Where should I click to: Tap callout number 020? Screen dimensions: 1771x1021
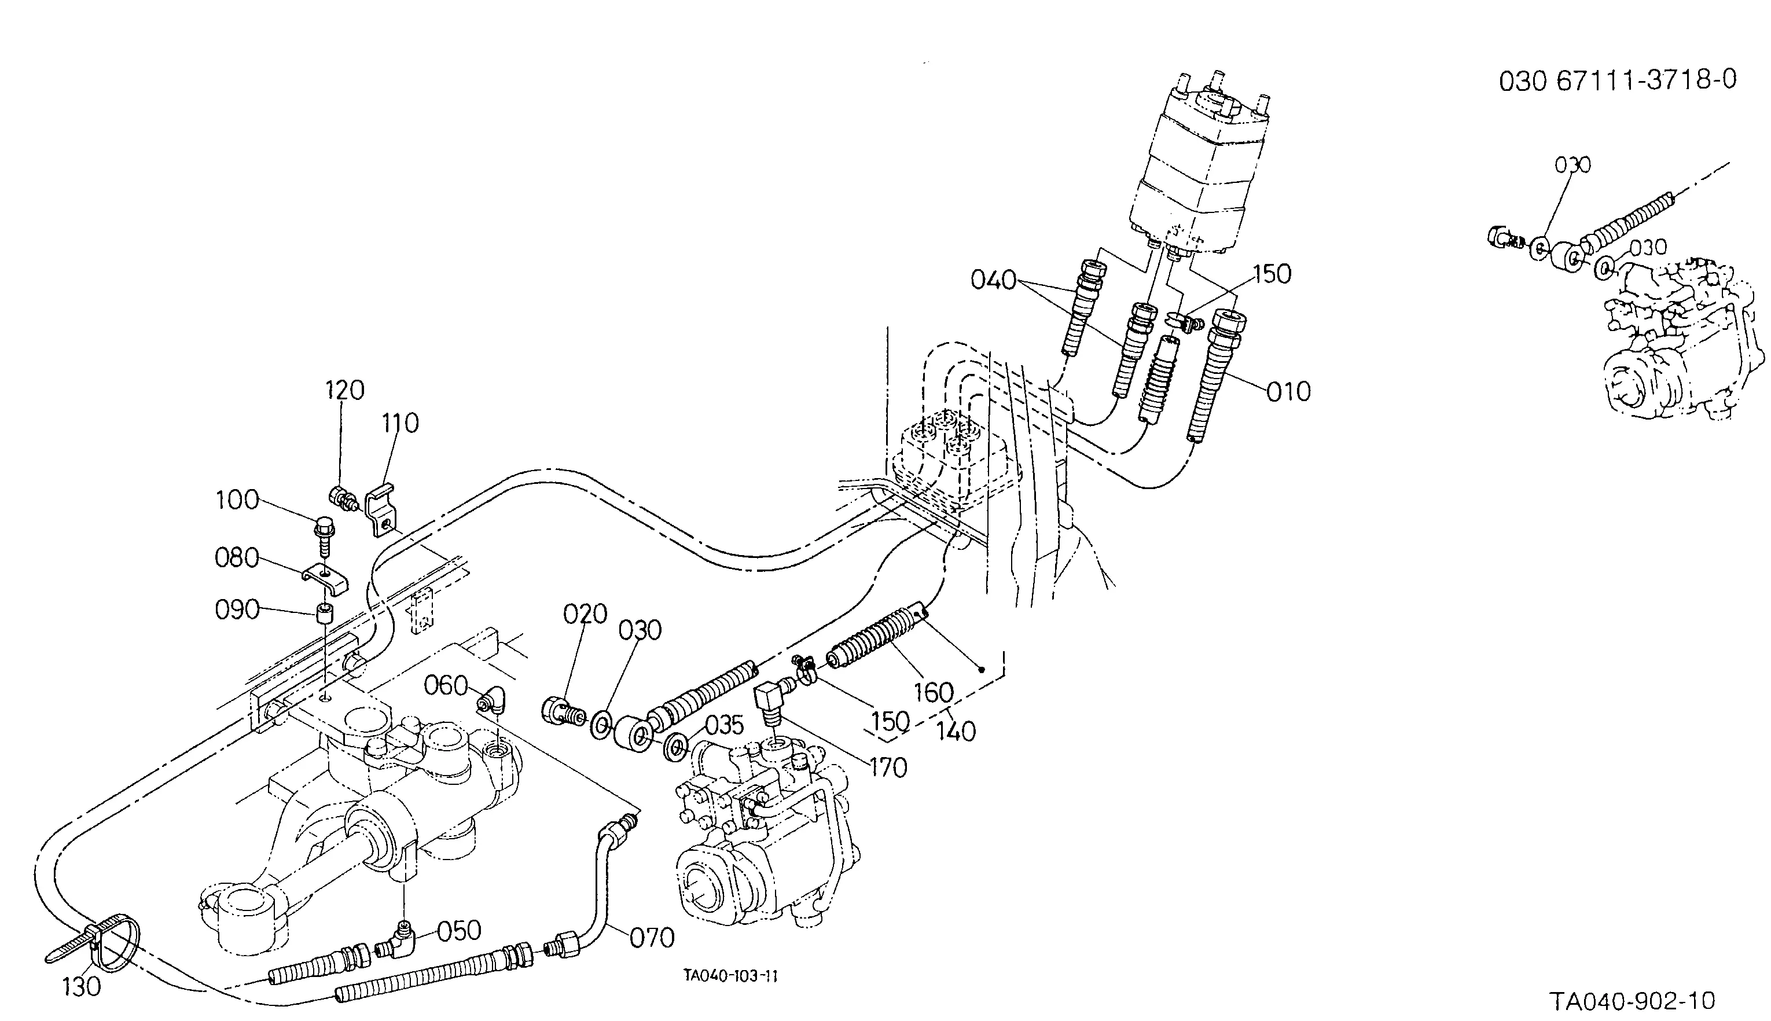coord(585,614)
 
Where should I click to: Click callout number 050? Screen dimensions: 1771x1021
coord(459,931)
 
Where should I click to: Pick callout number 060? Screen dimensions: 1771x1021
coord(446,685)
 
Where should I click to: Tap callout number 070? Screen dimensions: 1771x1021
coord(652,938)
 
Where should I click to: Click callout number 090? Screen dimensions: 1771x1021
coord(237,610)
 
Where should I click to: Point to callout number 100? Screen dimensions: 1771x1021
coord(237,501)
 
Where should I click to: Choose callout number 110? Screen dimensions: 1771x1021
coord(401,423)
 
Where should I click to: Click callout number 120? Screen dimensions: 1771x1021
coord(344,390)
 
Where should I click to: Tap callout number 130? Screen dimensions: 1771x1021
coord(82,987)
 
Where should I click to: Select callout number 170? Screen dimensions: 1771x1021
coord(888,769)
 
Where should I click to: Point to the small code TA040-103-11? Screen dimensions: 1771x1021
coord(731,975)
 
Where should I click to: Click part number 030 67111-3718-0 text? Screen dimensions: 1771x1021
coord(1618,80)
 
